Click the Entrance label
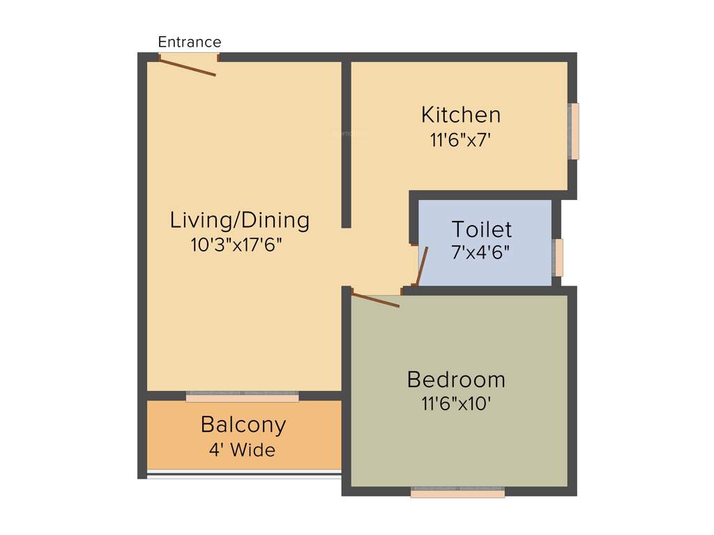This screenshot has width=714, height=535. [189, 42]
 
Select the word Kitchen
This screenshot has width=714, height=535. [460, 114]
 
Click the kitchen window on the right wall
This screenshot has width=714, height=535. [574, 131]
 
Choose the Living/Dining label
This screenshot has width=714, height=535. [239, 220]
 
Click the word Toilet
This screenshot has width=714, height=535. [481, 229]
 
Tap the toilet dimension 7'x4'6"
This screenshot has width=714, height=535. [480, 252]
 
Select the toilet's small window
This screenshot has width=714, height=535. [558, 257]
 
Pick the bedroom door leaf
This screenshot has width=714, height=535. [376, 300]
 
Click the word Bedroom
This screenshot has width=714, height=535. [456, 380]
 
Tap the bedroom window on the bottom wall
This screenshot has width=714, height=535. [457, 493]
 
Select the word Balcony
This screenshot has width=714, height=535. [243, 424]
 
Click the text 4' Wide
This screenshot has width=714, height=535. [242, 450]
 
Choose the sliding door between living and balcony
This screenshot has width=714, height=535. [242, 396]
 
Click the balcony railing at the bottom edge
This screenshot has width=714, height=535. [243, 475]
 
